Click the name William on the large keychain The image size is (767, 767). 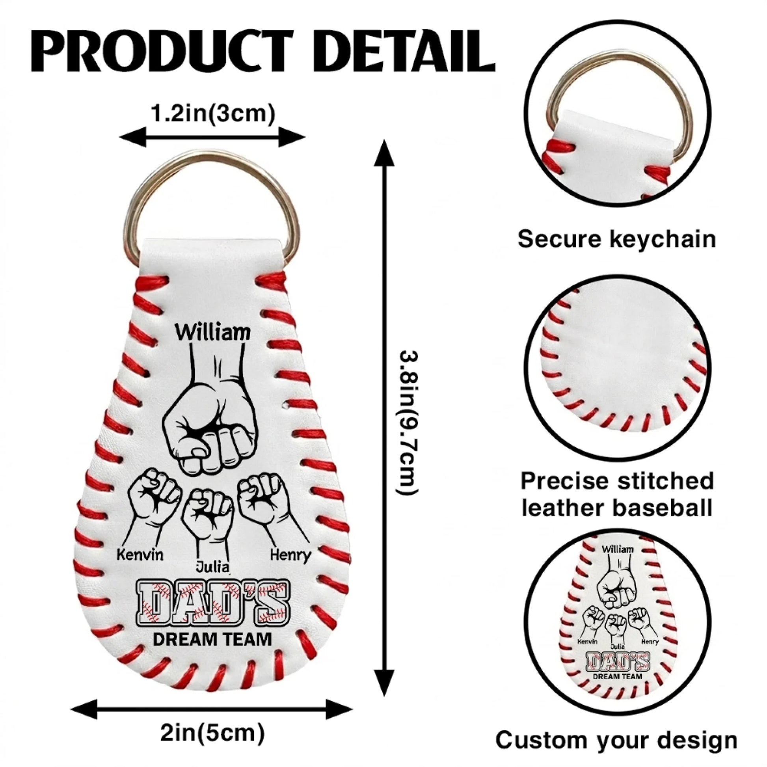pyautogui.click(x=213, y=332)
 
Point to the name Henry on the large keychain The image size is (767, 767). pyautogui.click(x=290, y=555)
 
